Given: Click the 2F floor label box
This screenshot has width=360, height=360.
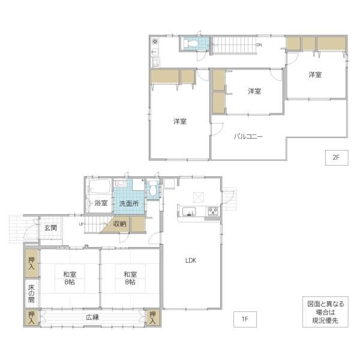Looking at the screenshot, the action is (337, 157).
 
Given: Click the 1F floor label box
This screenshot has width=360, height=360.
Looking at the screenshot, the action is (245, 319).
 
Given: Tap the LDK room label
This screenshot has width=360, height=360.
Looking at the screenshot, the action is (191, 260).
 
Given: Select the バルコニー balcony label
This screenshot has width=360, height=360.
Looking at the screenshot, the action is (248, 137).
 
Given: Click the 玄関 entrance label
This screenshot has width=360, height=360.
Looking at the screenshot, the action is (50, 228).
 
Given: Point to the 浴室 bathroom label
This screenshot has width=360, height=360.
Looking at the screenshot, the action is (101, 203).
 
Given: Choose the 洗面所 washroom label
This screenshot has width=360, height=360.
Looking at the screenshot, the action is (129, 203).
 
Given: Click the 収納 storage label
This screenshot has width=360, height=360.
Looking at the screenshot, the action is (119, 224).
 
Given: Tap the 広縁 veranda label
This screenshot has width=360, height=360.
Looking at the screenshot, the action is (92, 317).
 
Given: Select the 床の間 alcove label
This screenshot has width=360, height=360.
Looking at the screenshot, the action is (31, 293).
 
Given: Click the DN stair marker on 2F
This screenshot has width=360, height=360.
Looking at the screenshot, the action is (259, 45).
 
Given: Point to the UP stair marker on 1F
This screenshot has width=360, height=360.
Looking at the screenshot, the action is (81, 224).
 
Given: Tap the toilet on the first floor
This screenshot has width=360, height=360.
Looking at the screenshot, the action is (152, 188).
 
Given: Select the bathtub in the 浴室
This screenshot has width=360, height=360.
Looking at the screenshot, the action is (100, 187).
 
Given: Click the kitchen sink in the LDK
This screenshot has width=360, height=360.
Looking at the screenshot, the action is (189, 211).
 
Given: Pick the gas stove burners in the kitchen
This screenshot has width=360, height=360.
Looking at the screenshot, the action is (213, 211).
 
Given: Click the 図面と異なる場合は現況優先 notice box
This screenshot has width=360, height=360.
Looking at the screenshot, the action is (325, 312).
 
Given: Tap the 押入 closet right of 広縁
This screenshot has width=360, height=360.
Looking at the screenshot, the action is (152, 318).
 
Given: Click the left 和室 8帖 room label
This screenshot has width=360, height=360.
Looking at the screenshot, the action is (70, 278).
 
